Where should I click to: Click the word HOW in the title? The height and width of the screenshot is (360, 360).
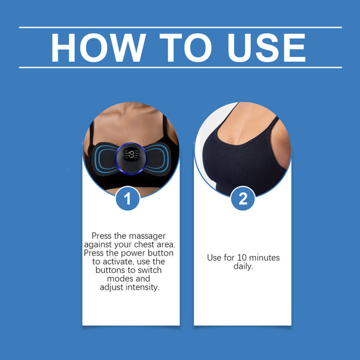click(x=98, y=48)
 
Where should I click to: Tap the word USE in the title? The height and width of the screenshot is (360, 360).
click(x=267, y=48)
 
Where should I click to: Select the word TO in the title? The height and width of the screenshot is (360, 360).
click(x=185, y=48)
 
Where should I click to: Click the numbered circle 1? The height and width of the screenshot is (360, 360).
click(x=128, y=199)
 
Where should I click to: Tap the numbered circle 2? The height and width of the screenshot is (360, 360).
click(x=243, y=199)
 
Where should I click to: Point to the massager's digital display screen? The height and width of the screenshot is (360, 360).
click(x=131, y=154)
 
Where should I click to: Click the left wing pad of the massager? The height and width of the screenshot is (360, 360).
click(x=105, y=159)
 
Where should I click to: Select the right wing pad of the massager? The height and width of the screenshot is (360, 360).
click(x=158, y=159)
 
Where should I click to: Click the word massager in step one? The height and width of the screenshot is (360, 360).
click(x=147, y=236)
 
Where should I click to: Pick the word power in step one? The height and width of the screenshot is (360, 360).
click(x=133, y=254)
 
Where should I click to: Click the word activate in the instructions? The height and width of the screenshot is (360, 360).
click(x=118, y=262)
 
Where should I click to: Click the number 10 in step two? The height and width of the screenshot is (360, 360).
click(x=242, y=258)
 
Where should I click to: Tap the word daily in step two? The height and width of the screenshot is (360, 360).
click(x=243, y=267)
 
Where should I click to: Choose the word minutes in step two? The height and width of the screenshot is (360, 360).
click(x=264, y=258)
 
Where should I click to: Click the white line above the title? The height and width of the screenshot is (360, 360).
click(x=181, y=27)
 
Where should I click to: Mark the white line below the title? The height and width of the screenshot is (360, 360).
click(x=181, y=68)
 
